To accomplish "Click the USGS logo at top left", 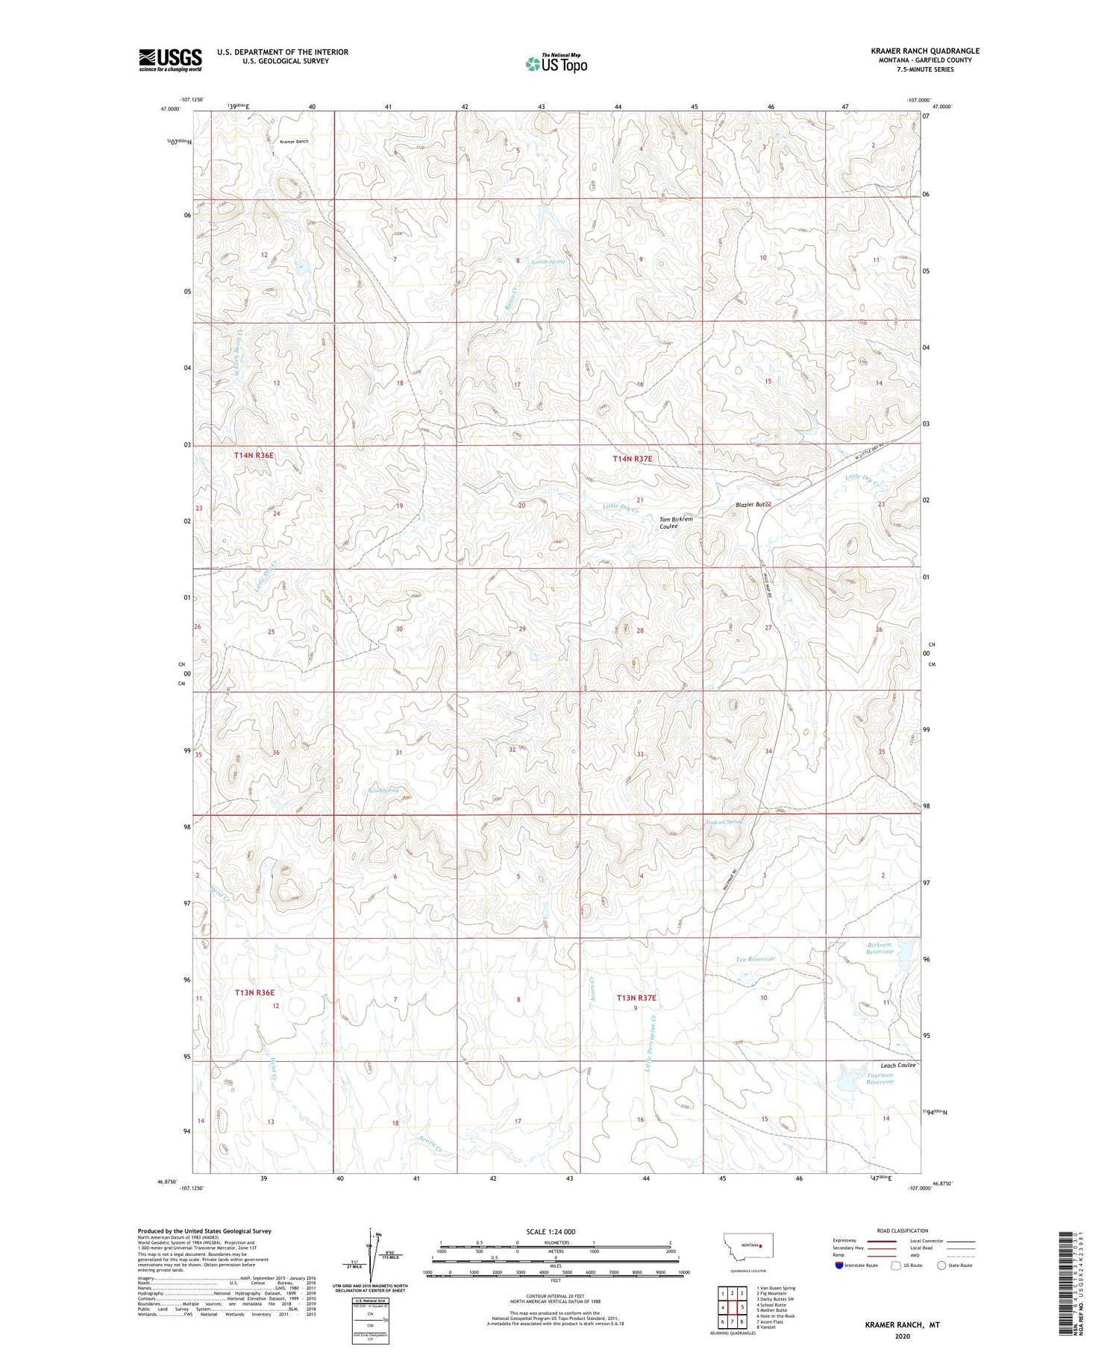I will [x=170, y=60].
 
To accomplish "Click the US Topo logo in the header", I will [x=556, y=64].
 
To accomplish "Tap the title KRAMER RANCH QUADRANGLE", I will [x=925, y=51].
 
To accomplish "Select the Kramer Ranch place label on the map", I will [x=294, y=141].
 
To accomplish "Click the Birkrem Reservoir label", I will [x=880, y=948].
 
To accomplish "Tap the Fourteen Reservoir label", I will [x=880, y=1078].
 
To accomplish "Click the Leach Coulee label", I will [x=897, y=1065].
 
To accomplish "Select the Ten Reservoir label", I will [x=756, y=959].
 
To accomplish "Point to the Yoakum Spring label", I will [x=724, y=823].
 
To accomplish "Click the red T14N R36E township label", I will [x=254, y=454].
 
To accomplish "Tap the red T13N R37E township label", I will [x=636, y=997].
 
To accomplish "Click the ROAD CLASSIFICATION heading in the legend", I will [x=903, y=1230].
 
